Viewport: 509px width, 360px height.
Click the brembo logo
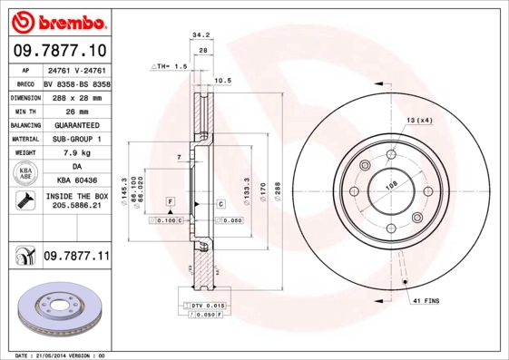pyautogui.click(x=56, y=20)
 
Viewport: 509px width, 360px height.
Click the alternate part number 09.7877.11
pyautogui.click(x=76, y=257)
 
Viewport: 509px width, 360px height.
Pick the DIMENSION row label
pyautogui.click(x=24, y=96)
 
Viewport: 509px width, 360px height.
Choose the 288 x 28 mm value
pyautogui.click(x=76, y=96)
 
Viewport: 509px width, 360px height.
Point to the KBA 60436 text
pyautogui.click(x=76, y=181)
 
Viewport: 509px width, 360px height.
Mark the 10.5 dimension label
pyautogui.click(x=222, y=81)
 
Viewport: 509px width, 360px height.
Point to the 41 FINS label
pyautogui.click(x=426, y=299)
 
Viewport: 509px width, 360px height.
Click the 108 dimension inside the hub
pyautogui.click(x=393, y=186)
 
